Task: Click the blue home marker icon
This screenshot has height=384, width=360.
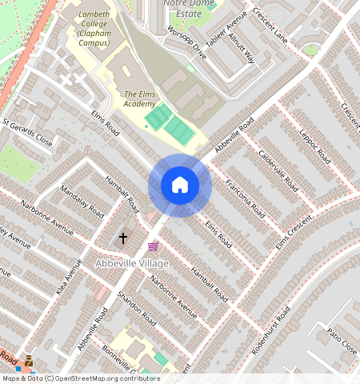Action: [x=180, y=186]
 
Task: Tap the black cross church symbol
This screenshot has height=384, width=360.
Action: [x=123, y=238]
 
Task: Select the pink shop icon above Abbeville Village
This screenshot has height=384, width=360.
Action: [x=153, y=246]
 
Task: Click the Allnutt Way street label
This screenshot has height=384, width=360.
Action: [x=240, y=50]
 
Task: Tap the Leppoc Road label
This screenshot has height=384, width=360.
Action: [x=314, y=146]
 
